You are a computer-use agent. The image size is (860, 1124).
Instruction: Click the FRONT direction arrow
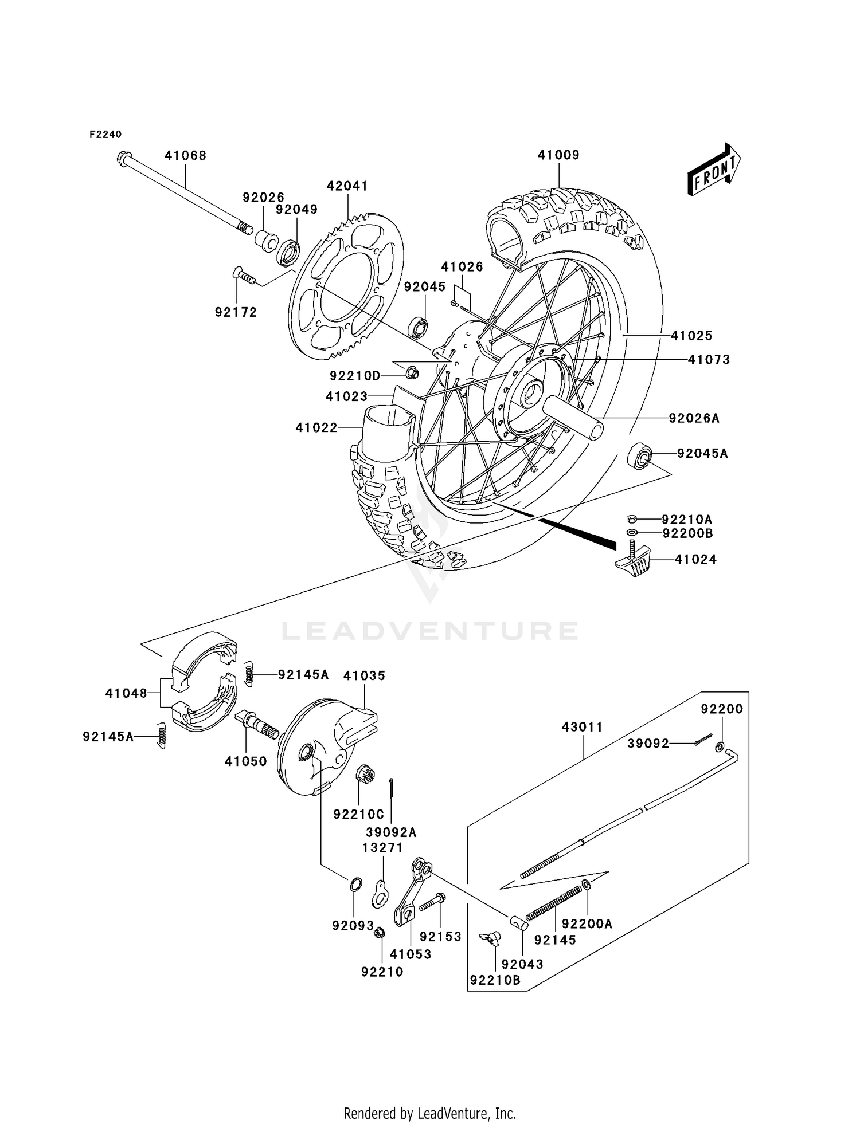714,170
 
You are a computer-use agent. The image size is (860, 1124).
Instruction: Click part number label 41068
185,155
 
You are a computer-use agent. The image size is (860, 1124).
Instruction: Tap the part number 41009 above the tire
558,155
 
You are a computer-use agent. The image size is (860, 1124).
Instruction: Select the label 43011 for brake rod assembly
582,726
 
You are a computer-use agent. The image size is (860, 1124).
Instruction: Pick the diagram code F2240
105,134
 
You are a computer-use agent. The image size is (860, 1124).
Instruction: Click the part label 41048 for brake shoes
126,693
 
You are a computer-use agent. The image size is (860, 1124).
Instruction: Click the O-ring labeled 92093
355,884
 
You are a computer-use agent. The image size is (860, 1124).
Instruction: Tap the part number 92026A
694,418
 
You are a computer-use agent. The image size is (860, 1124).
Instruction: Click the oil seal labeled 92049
288,253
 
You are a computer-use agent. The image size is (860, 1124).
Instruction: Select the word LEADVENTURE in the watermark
429,631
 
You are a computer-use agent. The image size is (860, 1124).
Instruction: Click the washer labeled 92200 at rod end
720,747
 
